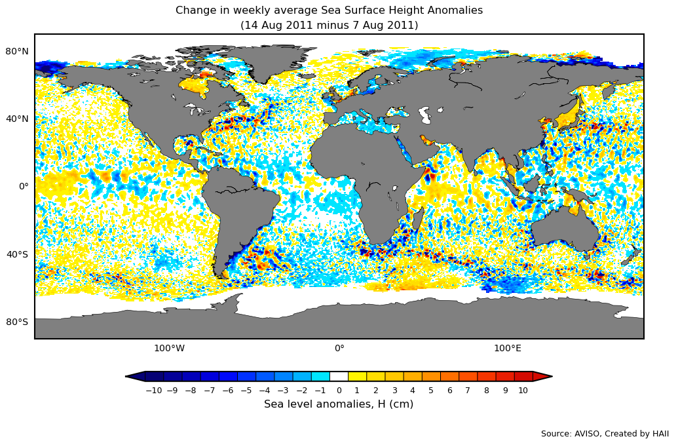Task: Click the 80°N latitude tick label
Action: click(18, 51)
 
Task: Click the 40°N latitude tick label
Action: click(18, 119)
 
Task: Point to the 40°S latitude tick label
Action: click(18, 254)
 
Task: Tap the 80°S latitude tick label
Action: click(18, 322)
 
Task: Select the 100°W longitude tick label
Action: click(169, 348)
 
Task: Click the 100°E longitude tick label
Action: click(508, 348)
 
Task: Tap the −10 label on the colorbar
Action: click(153, 391)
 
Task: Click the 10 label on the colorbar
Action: click(523, 391)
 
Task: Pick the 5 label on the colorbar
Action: click(431, 391)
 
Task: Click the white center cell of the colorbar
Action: click(339, 376)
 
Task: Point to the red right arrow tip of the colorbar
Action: click(544, 376)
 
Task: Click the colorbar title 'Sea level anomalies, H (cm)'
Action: click(339, 404)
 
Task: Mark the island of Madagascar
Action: click(417, 219)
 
